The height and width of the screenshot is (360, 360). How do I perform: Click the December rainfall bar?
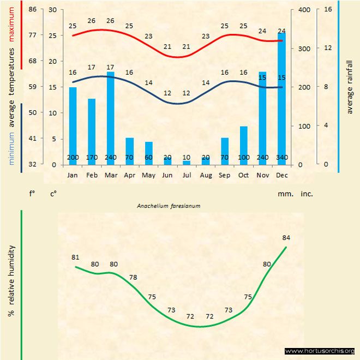coord(281,98)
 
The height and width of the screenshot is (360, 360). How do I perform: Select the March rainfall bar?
coord(111,117)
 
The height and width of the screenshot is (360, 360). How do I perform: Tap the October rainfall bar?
coord(244,145)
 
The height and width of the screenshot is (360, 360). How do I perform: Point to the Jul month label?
coord(187,175)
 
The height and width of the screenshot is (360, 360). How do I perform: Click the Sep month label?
coord(225,175)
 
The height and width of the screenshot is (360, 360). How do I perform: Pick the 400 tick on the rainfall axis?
coord(304,10)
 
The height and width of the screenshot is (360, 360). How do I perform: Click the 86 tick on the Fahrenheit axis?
coord(32,10)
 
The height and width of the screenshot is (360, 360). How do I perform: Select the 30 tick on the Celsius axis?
coord(52,10)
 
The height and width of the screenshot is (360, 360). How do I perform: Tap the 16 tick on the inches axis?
coord(328,9)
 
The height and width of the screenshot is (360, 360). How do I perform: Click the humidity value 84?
coord(286,238)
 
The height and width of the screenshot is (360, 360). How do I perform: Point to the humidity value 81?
coord(75,257)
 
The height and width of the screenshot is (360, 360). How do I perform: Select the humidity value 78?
coord(133,278)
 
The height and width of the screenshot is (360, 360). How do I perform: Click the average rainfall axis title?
coord(350,87)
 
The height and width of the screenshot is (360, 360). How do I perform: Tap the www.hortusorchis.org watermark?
coord(320,351)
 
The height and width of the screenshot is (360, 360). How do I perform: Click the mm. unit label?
coord(285,194)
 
